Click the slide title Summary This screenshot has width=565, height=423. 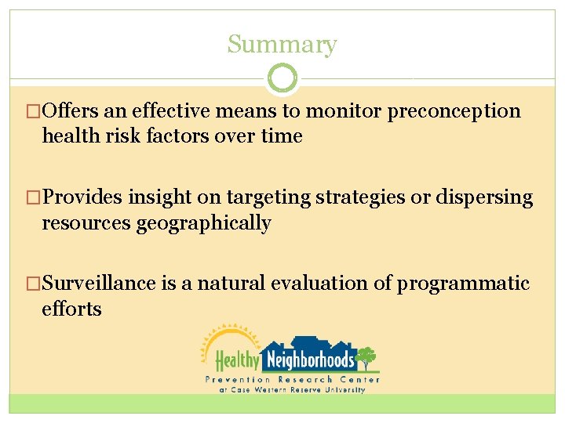pyautogui.click(x=282, y=45)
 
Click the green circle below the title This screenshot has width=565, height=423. pyautogui.click(x=282, y=78)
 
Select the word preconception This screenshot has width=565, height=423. pyautogui.click(x=454, y=111)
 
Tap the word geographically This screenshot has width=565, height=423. pyautogui.click(x=204, y=223)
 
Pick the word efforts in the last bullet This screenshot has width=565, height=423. pyautogui.click(x=71, y=309)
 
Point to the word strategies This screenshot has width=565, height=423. pyautogui.click(x=360, y=197)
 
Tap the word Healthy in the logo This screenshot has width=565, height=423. pyautogui.click(x=237, y=360)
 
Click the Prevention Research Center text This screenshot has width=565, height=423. pyautogui.click(x=292, y=379)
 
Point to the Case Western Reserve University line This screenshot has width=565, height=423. pyautogui.click(x=292, y=389)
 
